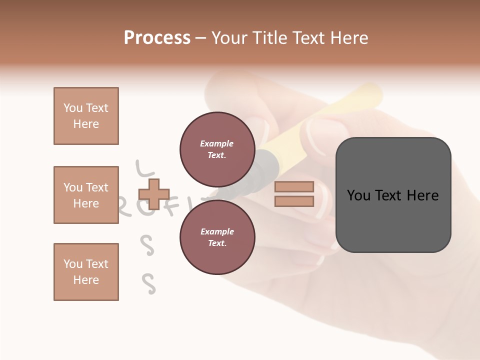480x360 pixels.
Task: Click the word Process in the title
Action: tap(157, 38)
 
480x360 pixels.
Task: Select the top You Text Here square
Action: tap(86, 116)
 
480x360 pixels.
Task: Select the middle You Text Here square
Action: tap(86, 195)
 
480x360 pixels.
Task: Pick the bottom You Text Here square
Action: tap(86, 272)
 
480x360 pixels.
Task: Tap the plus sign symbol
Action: tap(153, 194)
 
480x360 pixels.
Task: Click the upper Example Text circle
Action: tap(217, 149)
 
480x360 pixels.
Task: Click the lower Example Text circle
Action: tap(217, 237)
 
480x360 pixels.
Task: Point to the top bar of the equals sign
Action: tap(294, 187)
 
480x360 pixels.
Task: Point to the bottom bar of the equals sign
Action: tap(294, 201)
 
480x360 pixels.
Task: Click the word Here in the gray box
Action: tap(423, 195)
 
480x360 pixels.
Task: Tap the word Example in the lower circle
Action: tap(217, 231)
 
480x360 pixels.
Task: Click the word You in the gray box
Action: tap(359, 195)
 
